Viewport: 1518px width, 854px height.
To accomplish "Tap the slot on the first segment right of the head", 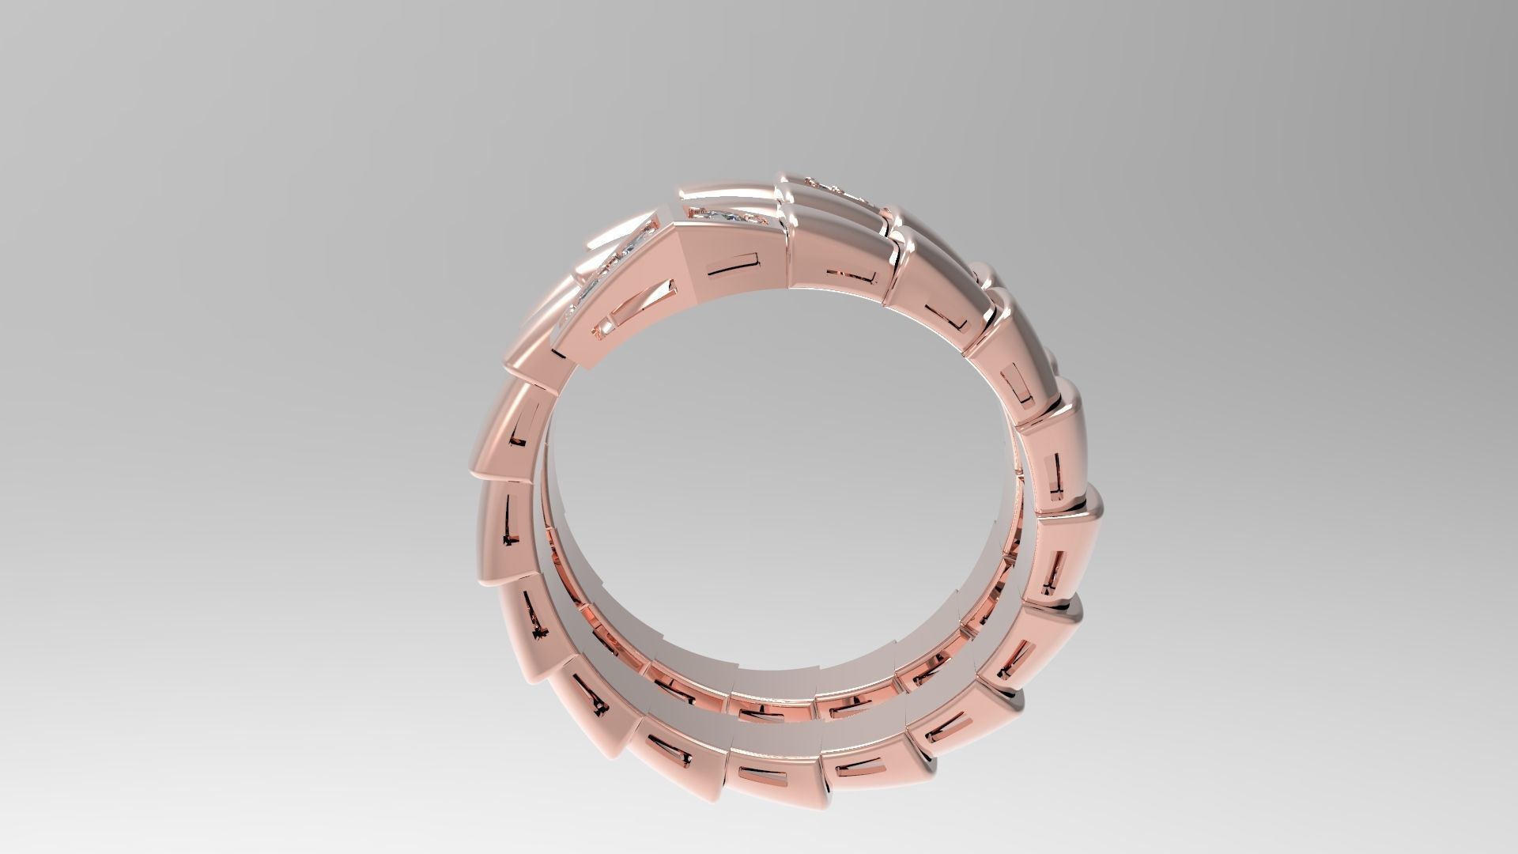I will tap(850, 278).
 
